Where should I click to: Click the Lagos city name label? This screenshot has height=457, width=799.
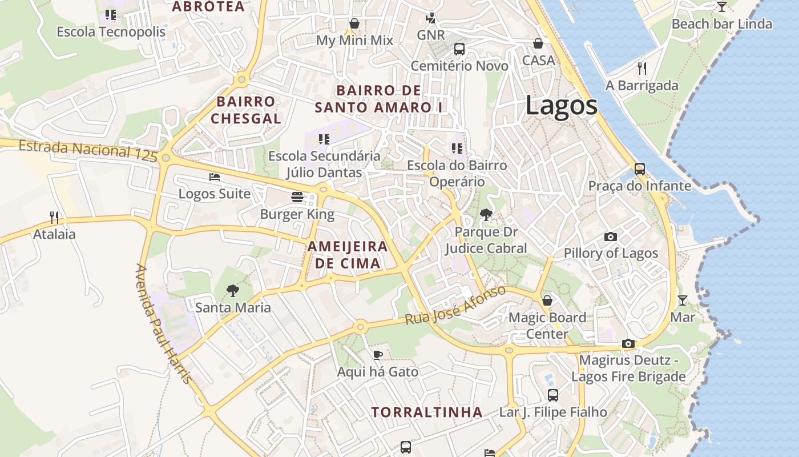[x=561, y=106]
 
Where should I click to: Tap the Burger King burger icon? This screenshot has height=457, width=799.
[x=297, y=197]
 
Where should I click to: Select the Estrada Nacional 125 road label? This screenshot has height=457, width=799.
[x=88, y=150]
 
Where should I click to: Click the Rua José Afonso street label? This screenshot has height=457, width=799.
[x=455, y=306]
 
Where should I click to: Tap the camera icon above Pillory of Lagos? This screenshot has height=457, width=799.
[x=610, y=236]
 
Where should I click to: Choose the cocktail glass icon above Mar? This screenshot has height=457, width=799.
[x=683, y=300]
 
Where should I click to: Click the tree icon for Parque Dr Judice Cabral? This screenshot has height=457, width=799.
[x=486, y=215]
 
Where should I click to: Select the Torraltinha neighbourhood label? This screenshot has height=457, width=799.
[x=427, y=412]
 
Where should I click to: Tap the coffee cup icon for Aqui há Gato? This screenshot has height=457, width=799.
[x=377, y=355]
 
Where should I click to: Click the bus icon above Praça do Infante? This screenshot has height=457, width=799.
[x=639, y=169]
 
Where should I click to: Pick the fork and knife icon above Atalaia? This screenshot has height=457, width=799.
[x=54, y=217]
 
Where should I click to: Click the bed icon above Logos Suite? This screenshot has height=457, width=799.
[x=215, y=177]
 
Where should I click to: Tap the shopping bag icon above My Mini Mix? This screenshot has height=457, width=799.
[x=354, y=23]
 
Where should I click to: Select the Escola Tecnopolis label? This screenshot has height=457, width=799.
[x=111, y=32]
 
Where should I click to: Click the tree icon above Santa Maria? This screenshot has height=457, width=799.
[x=232, y=291]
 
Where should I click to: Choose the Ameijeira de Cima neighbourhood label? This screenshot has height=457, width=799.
[x=348, y=255]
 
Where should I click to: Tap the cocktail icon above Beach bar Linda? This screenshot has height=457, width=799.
[x=722, y=7]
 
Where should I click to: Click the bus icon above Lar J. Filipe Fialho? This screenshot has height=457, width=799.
[x=552, y=395]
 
